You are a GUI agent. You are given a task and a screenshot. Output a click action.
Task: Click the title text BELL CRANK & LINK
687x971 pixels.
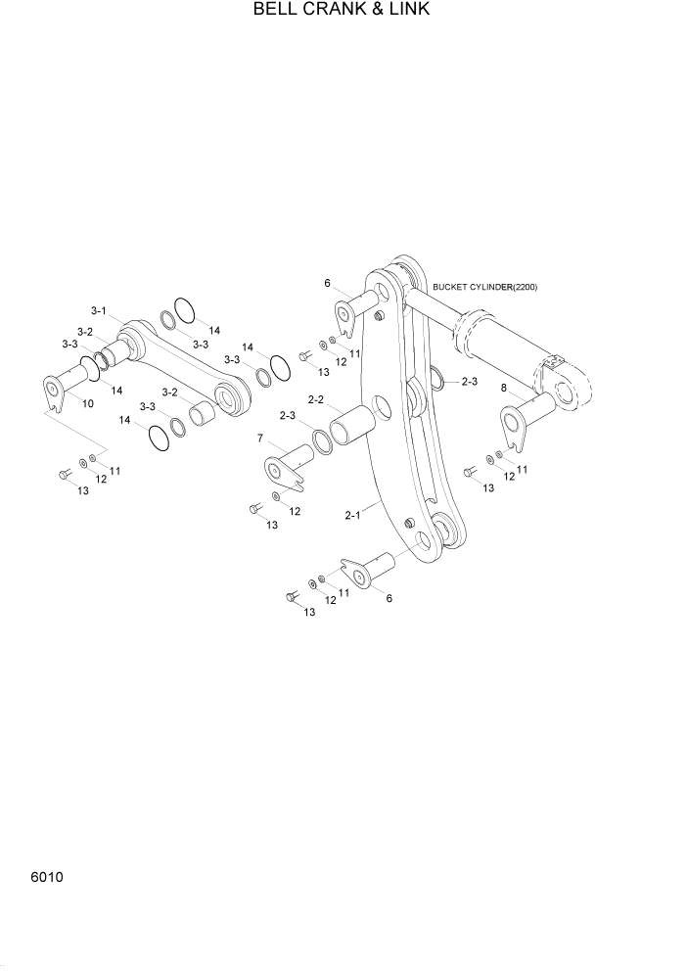342,10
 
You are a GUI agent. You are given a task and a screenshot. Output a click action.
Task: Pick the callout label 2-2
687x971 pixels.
316,399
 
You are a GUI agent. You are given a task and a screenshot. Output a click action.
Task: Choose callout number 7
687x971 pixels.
260,437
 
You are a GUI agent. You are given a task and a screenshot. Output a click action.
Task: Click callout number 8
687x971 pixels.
504,388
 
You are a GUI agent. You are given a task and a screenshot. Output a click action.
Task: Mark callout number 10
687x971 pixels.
87,403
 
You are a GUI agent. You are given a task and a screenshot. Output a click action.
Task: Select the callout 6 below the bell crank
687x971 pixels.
389,597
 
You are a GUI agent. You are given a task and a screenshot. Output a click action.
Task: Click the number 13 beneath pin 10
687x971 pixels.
83,490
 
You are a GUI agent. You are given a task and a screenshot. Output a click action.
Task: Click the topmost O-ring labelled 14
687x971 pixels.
185,310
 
